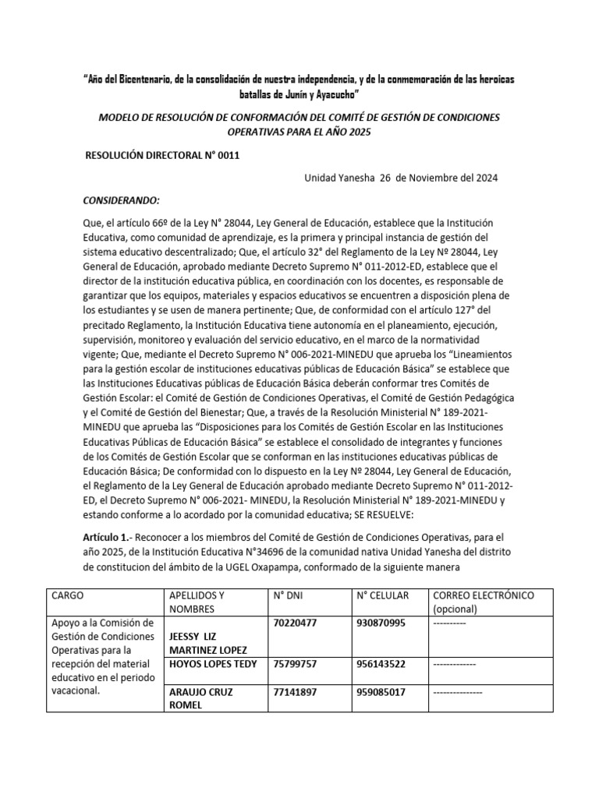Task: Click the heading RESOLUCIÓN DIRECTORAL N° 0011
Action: [x=161, y=156]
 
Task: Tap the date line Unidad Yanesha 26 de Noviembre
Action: [x=400, y=178]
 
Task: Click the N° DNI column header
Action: [x=289, y=595]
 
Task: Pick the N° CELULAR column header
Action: [x=382, y=595]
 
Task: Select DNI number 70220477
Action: [x=296, y=623]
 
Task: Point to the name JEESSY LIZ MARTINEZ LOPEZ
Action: [x=207, y=643]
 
